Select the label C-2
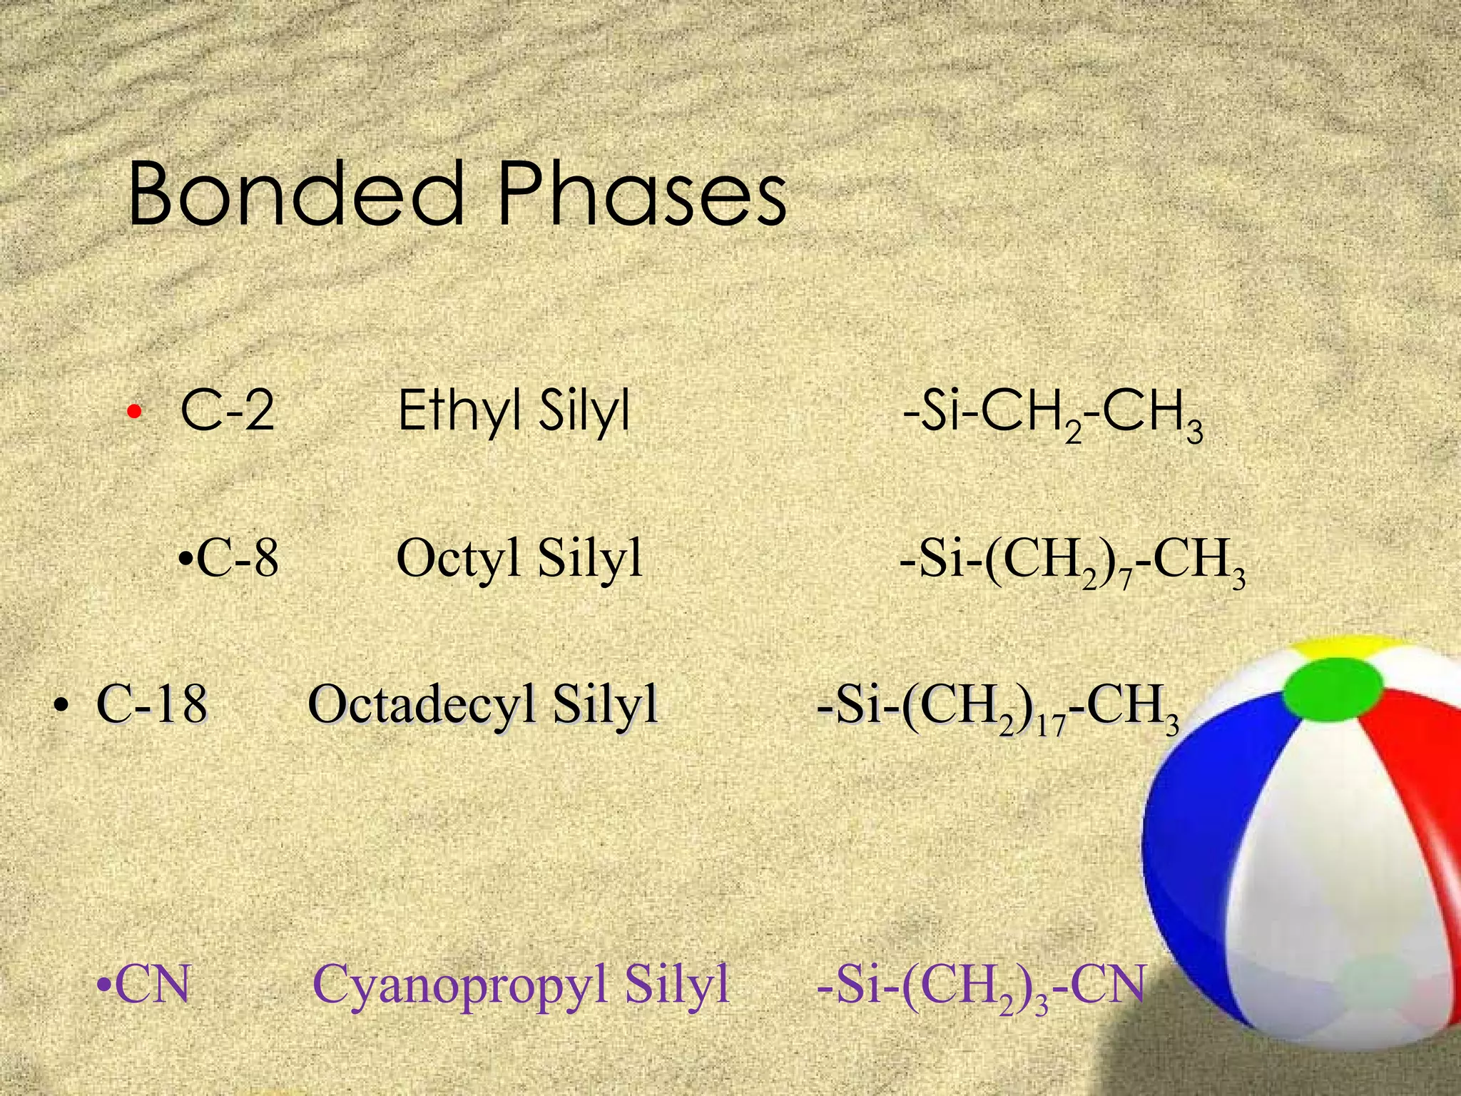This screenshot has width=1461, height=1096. (228, 411)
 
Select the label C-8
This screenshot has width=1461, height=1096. (236, 558)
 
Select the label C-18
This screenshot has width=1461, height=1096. (152, 704)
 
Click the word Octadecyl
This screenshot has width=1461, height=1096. (421, 704)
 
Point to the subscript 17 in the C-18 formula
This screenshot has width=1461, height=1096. (1052, 727)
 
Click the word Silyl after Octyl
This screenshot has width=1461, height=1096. (590, 558)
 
